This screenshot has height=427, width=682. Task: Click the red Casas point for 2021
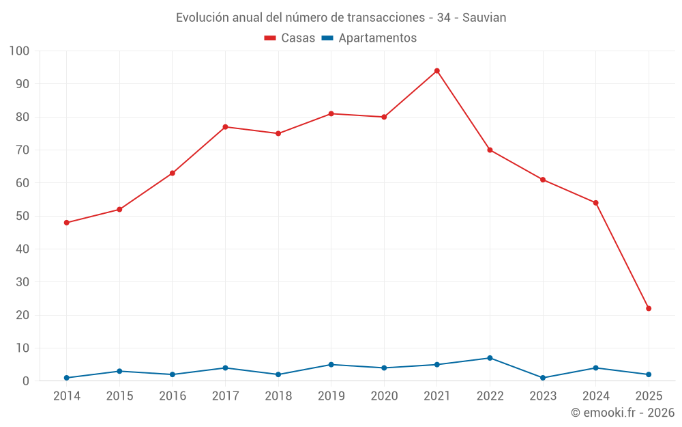click(x=437, y=71)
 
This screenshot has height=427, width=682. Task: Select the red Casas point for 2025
click(x=649, y=308)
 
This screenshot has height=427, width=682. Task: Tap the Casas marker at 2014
click(x=67, y=223)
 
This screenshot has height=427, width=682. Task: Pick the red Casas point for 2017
click(x=225, y=127)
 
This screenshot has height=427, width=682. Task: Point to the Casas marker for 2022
click(x=490, y=150)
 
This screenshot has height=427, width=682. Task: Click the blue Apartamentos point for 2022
click(x=490, y=358)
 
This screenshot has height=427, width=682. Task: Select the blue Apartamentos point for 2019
click(x=331, y=364)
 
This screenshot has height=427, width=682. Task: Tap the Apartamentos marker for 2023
click(x=543, y=378)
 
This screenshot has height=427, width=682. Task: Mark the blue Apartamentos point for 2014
click(x=67, y=378)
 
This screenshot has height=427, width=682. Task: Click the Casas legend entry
click(x=290, y=38)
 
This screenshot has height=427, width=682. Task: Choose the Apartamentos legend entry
click(x=369, y=38)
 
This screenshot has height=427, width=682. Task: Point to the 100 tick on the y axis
click(x=20, y=51)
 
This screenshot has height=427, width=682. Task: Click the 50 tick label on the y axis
click(x=23, y=216)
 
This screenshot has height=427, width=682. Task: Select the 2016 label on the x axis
click(x=173, y=396)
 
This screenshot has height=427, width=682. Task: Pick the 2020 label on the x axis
click(x=384, y=396)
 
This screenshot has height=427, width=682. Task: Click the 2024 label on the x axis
click(x=595, y=396)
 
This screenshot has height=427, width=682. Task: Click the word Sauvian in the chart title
click(x=484, y=18)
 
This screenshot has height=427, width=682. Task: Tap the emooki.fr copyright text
click(x=623, y=413)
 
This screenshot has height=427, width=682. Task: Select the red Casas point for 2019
click(x=331, y=113)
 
